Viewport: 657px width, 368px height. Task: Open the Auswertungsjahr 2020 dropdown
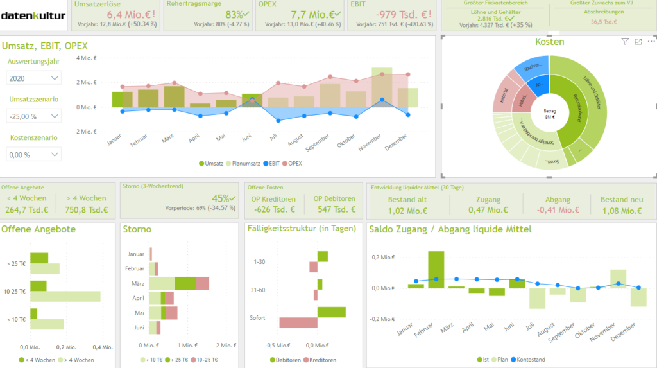coord(34,78)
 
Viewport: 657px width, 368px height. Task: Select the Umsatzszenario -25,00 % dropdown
coord(34,116)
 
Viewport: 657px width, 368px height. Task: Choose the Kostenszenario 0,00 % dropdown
coord(34,155)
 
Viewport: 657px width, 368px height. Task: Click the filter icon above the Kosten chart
coord(625,42)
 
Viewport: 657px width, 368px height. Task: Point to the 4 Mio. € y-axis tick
coord(86,58)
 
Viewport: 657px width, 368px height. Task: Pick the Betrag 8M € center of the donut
coord(549,114)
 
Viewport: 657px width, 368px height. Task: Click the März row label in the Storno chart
coord(136,283)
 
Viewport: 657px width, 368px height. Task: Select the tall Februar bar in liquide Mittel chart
coord(436,269)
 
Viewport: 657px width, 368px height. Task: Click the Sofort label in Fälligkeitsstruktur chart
coord(257,318)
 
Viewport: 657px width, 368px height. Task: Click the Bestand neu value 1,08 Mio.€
coord(622,210)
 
